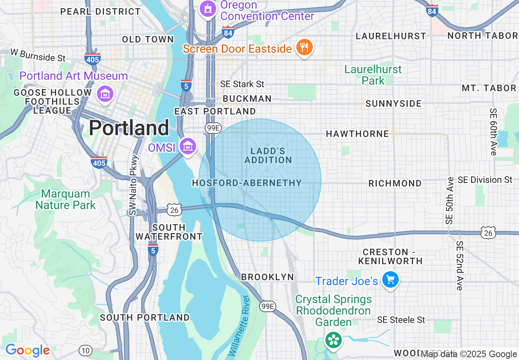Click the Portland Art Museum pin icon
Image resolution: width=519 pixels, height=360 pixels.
click(x=105, y=94)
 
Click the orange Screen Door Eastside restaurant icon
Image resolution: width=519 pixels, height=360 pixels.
click(x=304, y=47)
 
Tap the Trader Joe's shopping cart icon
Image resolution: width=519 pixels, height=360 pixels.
click(x=390, y=280)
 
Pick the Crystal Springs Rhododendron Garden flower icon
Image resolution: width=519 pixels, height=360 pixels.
click(x=333, y=340)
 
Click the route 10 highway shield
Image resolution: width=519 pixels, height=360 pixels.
click(x=85, y=351)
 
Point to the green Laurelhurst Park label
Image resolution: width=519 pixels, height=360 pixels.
click(x=373, y=75)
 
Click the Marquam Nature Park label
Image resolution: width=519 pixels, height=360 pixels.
click(x=65, y=199)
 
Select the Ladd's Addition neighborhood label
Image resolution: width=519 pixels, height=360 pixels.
click(x=268, y=156)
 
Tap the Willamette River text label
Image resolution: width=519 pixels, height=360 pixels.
click(x=239, y=325)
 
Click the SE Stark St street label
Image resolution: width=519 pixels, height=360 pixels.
click(x=242, y=84)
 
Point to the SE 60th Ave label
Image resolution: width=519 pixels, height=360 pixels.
click(x=493, y=132)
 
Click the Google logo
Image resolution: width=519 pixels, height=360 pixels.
click(x=27, y=351)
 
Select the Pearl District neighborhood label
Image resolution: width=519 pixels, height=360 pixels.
click(x=100, y=11)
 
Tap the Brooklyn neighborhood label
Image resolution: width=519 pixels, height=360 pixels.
click(x=267, y=277)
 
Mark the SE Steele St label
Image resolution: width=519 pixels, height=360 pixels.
click(x=401, y=320)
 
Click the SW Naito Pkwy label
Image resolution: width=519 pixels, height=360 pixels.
click(x=133, y=185)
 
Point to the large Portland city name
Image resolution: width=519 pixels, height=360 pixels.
click(x=129, y=128)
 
